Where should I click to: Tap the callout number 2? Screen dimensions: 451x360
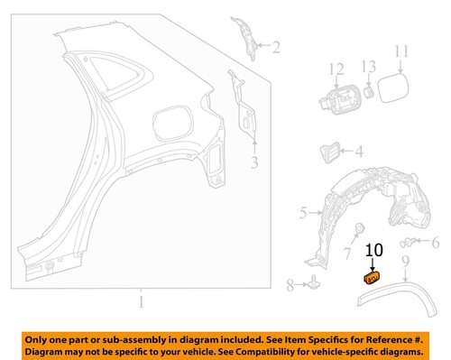[275, 47]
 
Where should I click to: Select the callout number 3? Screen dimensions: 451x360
[254, 162]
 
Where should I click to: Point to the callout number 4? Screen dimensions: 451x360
[358, 153]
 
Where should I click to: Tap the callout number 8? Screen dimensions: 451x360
[290, 286]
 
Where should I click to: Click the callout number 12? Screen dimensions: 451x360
[336, 68]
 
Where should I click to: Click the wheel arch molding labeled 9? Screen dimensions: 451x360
[397, 291]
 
